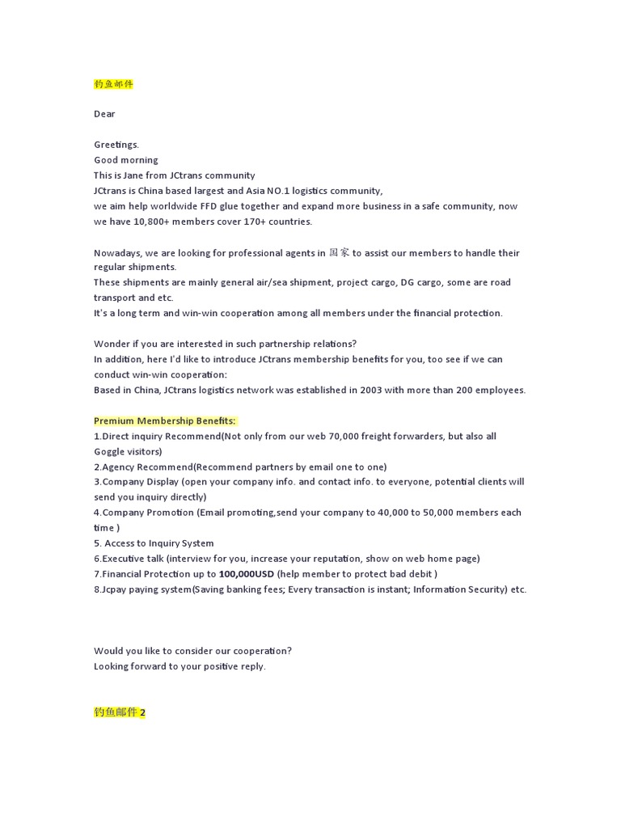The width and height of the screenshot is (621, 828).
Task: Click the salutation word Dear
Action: coord(104,114)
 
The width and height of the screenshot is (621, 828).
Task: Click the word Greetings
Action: coord(116,145)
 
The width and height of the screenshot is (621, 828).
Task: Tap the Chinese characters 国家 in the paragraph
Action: coord(339,252)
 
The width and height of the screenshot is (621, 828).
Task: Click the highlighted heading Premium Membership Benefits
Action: coord(165,420)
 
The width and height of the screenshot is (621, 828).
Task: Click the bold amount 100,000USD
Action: coord(247,574)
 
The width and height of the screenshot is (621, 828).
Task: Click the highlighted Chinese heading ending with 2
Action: coord(120,712)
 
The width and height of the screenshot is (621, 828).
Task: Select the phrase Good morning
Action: coord(126,160)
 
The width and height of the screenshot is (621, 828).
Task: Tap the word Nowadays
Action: coord(118,252)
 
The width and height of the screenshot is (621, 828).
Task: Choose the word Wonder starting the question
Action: coord(111,344)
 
